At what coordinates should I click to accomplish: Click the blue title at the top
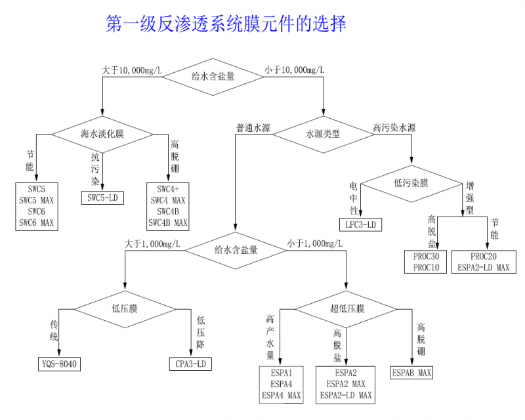tap(226, 24)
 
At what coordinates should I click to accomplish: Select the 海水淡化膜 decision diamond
tap(102, 135)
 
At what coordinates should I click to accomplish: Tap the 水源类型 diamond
tap(323, 135)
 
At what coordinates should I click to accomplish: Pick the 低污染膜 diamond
tap(411, 184)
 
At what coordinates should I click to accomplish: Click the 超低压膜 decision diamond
tap(346, 309)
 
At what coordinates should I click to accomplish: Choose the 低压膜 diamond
tap(125, 309)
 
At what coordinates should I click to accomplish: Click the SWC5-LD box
tap(102, 198)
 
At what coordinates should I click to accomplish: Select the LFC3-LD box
tap(360, 224)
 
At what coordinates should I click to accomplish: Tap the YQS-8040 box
tap(59, 364)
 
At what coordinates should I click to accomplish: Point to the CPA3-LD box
tap(190, 364)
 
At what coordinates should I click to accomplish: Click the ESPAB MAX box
tap(411, 373)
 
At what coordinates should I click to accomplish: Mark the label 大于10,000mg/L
tap(132, 70)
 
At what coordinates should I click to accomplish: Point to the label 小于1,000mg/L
tap(315, 243)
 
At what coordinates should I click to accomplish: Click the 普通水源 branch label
tap(253, 127)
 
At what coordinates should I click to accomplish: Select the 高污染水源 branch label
tap(394, 127)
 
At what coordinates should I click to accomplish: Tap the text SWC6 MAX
tap(37, 222)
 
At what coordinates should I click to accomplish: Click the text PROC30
tap(426, 257)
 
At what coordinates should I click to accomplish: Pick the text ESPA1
tap(282, 373)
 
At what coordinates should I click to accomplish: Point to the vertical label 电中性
tap(354, 198)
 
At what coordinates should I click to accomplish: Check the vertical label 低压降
tap(201, 333)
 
